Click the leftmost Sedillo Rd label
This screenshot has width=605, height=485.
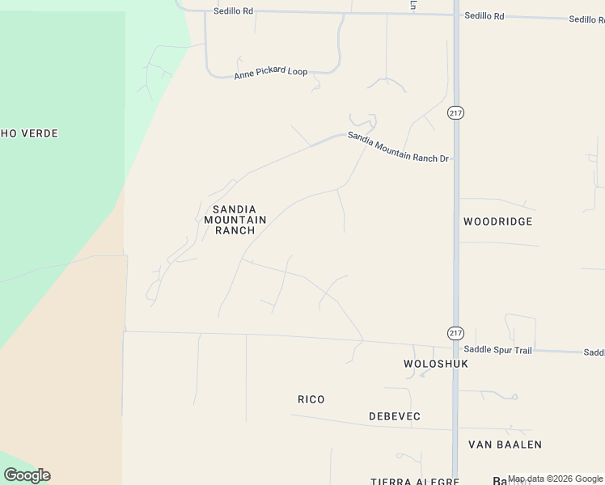click(x=234, y=11)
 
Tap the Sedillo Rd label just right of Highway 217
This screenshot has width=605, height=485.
click(x=484, y=16)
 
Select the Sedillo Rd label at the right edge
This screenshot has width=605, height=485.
click(x=586, y=19)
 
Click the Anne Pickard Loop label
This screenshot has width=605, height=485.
click(x=270, y=73)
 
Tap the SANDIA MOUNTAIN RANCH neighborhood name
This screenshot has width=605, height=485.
click(x=230, y=220)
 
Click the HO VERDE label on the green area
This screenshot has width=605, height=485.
click(x=29, y=133)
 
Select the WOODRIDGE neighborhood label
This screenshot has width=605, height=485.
click(x=497, y=221)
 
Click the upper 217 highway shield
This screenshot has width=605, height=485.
click(x=455, y=114)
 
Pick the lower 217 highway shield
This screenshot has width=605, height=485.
click(x=455, y=333)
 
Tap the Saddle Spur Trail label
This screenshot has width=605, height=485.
click(x=497, y=350)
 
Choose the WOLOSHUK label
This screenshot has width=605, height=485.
click(x=436, y=364)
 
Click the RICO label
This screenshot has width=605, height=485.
click(x=311, y=399)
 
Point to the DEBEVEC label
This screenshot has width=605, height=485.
click(x=395, y=416)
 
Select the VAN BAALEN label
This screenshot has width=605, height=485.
click(x=506, y=445)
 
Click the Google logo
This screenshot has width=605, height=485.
click(x=27, y=475)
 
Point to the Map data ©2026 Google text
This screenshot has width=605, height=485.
click(x=555, y=479)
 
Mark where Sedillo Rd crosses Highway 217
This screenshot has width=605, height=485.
click(x=455, y=15)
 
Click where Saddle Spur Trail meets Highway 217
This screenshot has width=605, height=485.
click(x=455, y=348)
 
